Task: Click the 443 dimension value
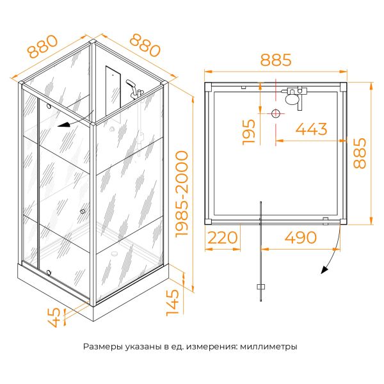[x=312, y=129]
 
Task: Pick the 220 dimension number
[x=222, y=237]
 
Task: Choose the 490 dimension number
[x=300, y=237]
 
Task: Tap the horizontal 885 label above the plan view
[x=276, y=61]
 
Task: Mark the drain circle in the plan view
[x=276, y=114]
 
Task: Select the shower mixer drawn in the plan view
[x=294, y=97]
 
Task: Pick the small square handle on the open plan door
[x=260, y=286]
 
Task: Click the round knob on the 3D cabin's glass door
[x=83, y=212]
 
